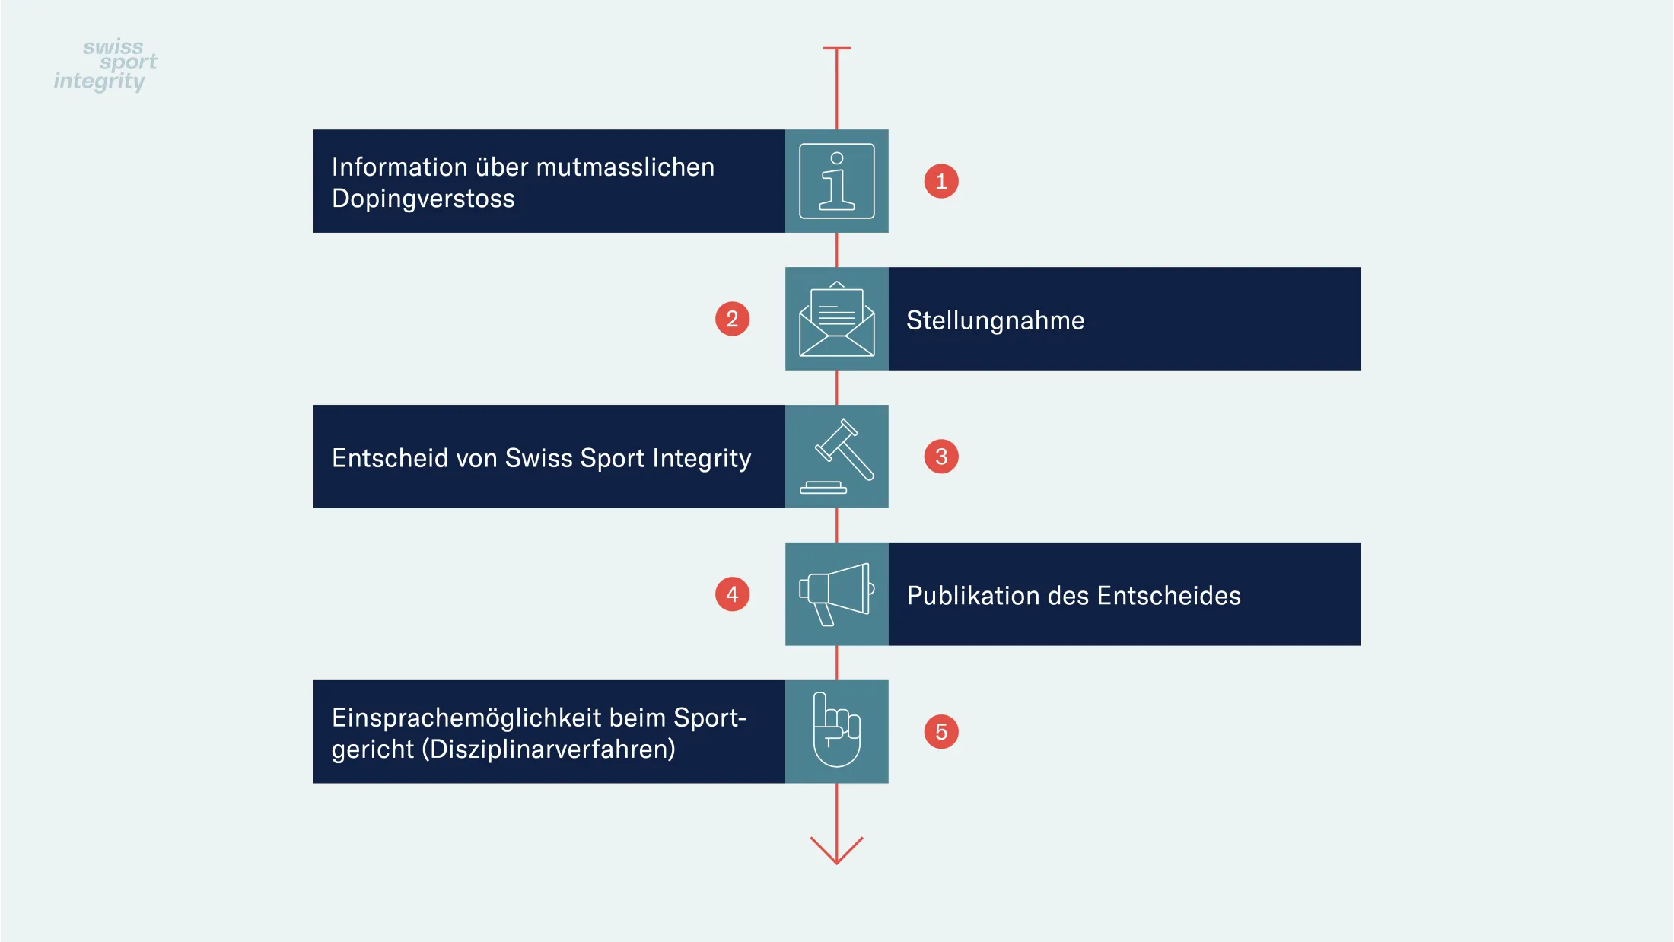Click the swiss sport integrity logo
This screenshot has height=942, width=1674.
(x=106, y=65)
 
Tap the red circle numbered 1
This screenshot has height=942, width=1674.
(x=941, y=181)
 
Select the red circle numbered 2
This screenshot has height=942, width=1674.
(x=732, y=319)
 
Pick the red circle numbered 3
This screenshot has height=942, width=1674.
(x=941, y=457)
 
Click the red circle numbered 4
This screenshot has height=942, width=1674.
(x=732, y=594)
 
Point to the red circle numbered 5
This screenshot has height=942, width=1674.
(x=941, y=732)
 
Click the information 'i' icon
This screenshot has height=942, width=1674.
(x=837, y=181)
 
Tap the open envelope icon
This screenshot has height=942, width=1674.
(x=837, y=319)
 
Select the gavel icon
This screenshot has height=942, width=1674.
(x=837, y=457)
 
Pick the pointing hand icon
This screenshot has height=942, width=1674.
(x=837, y=730)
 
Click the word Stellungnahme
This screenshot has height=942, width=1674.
(x=995, y=321)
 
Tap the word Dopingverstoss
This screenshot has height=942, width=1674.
(x=423, y=199)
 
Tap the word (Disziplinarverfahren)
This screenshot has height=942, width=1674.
(x=552, y=749)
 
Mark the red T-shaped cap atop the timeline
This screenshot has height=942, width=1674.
(x=837, y=49)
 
